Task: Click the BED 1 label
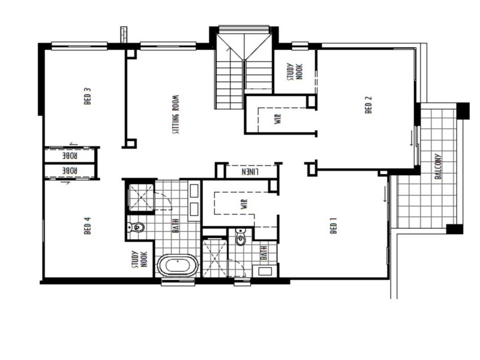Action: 334,229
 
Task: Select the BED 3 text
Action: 88,97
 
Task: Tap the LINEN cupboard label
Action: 250,172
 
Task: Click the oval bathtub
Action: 178,265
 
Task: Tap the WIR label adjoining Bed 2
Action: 278,118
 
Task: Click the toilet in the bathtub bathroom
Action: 137,227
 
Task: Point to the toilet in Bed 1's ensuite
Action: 241,238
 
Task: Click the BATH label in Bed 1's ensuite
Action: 263,253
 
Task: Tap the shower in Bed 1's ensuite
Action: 214,259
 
